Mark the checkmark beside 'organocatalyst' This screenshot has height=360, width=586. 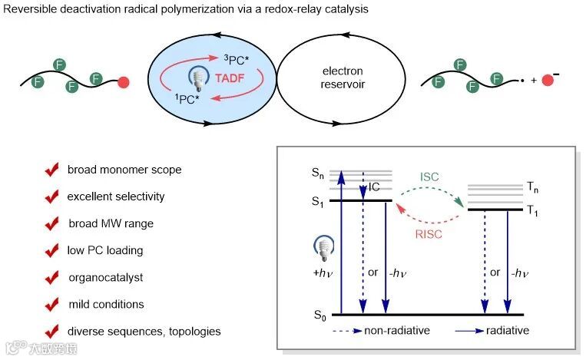52,278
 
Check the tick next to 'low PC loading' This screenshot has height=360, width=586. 52,251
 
